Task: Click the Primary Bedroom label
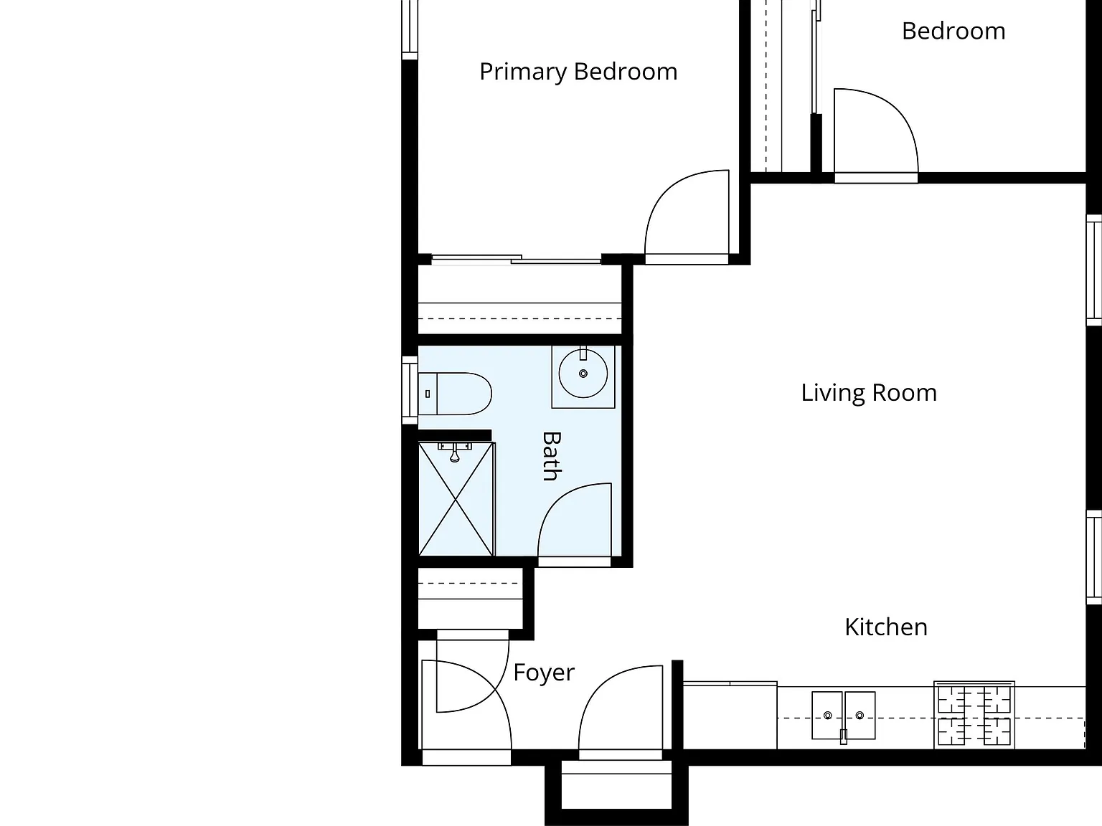click(578, 72)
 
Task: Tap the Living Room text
click(869, 393)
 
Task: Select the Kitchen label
click(886, 627)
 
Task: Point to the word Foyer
click(544, 673)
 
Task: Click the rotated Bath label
click(552, 457)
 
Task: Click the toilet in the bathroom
click(455, 394)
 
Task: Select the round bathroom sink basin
click(583, 374)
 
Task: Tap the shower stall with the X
click(456, 499)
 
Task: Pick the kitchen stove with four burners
click(974, 715)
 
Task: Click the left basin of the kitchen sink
click(827, 715)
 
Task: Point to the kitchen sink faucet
click(844, 736)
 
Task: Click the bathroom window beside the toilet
click(410, 390)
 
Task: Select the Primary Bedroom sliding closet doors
click(516, 260)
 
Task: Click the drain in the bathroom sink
click(583, 374)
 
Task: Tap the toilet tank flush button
click(428, 394)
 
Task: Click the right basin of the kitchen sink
click(860, 715)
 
